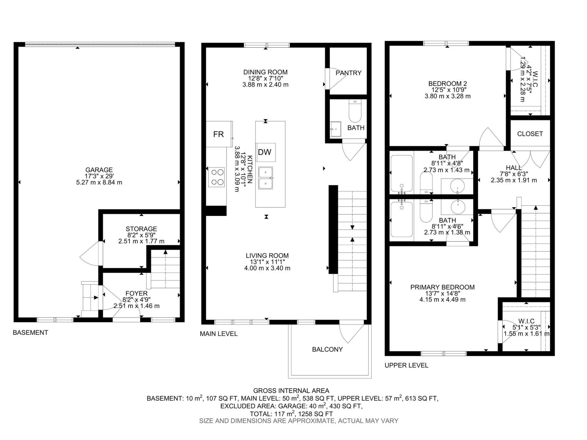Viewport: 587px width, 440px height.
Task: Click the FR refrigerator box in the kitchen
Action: (x=219, y=134)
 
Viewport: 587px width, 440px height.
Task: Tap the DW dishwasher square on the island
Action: (x=265, y=152)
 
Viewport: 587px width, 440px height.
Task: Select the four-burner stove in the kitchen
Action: (x=216, y=177)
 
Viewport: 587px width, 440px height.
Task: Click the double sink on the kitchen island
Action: (x=266, y=178)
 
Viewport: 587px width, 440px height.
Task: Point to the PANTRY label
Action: (x=348, y=73)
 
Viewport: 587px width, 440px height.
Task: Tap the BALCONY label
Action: (x=327, y=349)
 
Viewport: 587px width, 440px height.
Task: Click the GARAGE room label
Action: (x=99, y=170)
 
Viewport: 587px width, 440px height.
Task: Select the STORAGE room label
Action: (x=141, y=229)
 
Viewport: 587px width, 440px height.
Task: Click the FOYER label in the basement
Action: (x=136, y=293)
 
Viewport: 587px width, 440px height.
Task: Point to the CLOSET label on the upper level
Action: (x=530, y=134)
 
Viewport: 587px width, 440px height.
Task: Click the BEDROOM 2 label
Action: (x=447, y=84)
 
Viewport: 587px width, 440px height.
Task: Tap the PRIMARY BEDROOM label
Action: (x=442, y=287)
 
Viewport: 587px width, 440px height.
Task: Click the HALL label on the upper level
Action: (x=514, y=168)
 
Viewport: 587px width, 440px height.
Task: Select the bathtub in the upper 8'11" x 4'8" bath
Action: (x=401, y=174)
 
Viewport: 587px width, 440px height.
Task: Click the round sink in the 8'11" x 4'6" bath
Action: (x=458, y=208)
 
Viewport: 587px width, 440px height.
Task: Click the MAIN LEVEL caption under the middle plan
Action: (x=219, y=334)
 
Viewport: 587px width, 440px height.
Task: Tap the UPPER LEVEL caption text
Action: (x=406, y=365)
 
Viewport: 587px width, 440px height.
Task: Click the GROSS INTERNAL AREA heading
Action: (x=291, y=391)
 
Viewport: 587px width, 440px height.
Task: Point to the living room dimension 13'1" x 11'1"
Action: (x=267, y=262)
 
